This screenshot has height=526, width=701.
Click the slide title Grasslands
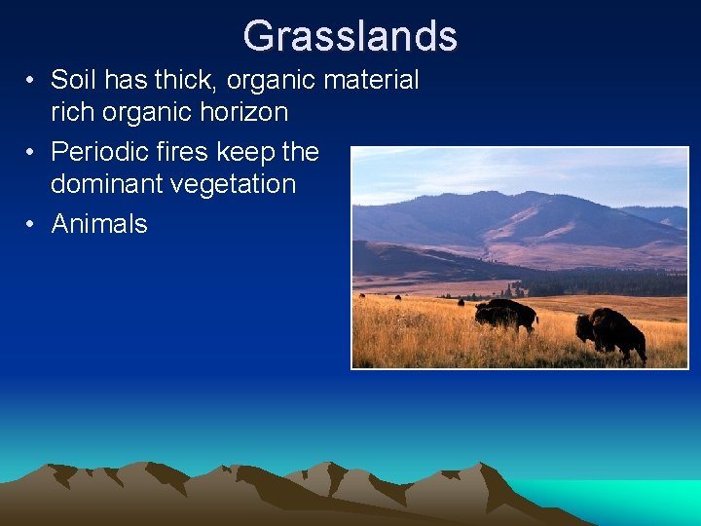(350, 36)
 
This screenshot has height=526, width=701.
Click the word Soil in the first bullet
(71, 80)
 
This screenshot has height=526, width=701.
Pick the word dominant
(107, 184)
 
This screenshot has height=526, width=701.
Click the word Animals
(99, 224)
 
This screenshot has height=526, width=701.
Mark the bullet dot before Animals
(32, 225)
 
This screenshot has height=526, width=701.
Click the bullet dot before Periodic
(32, 153)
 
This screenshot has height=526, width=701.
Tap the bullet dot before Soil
(32, 81)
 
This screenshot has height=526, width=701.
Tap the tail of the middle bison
(535, 318)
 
